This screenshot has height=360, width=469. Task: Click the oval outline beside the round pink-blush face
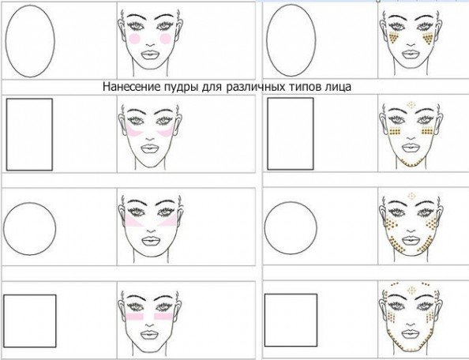coord(6,41)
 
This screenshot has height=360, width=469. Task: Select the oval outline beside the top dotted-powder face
coord(267,40)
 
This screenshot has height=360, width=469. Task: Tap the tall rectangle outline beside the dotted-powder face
coord(268,133)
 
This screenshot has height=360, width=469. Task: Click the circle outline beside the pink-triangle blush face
coord(4,229)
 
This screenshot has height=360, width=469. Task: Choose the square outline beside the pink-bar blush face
coord(4,321)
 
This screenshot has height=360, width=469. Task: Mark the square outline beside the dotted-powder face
coord(265,320)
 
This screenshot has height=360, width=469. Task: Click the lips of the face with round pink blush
coord(151,55)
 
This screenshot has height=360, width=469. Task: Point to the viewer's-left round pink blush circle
coord(135,39)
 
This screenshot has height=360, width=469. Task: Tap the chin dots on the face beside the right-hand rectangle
coord(411,163)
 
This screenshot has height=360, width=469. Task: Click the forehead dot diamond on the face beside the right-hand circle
coord(412,196)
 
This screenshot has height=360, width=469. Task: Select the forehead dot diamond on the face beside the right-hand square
coord(412,290)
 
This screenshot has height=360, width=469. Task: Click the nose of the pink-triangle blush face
coord(152,230)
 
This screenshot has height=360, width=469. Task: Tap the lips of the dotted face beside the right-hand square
coord(411,334)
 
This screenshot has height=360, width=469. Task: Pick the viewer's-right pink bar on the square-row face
coord(163,317)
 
